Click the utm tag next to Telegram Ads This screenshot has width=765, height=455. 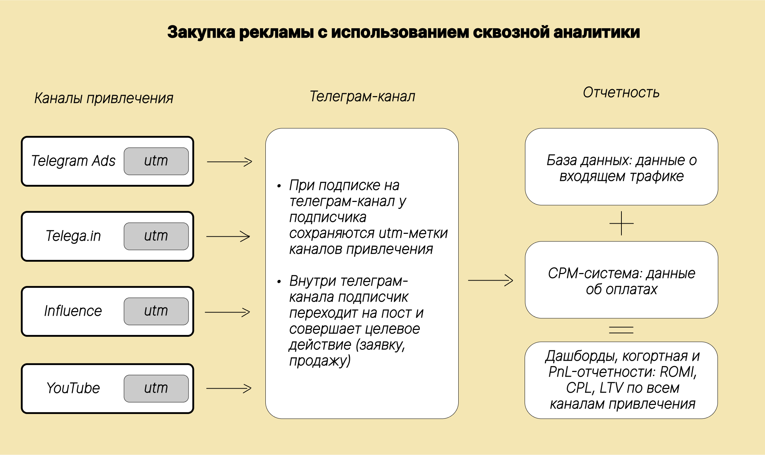(x=156, y=161)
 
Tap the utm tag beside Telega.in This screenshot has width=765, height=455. (x=156, y=236)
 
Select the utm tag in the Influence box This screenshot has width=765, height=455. (x=156, y=311)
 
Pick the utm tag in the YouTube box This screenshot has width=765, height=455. (x=156, y=389)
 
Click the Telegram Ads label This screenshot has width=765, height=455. (x=73, y=161)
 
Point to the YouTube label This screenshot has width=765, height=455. (x=73, y=388)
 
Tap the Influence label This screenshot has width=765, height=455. (x=73, y=311)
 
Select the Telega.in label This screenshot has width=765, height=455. (x=73, y=236)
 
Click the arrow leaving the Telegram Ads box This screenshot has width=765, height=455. (x=230, y=162)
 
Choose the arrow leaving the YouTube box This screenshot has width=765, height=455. (x=229, y=388)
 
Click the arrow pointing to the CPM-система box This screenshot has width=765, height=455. (x=491, y=280)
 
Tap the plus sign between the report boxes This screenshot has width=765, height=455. (x=621, y=223)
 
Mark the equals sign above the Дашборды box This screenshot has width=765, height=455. (x=621, y=330)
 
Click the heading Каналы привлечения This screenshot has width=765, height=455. (x=104, y=98)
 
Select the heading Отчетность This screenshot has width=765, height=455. (x=621, y=93)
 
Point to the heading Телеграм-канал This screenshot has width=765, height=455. (x=362, y=96)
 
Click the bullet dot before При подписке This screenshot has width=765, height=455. (x=279, y=186)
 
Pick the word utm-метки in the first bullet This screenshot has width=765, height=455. (x=413, y=233)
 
